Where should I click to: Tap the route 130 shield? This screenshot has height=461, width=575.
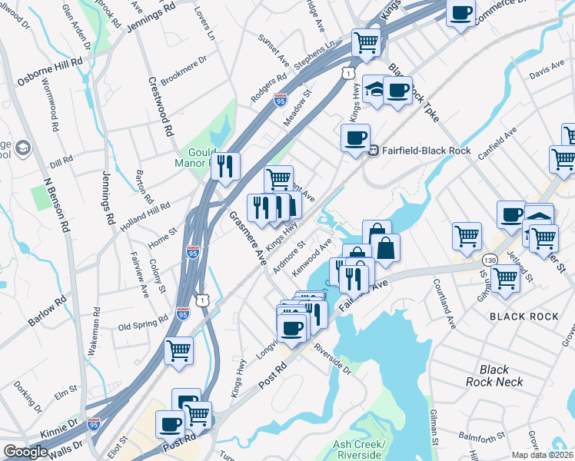[x=489, y=262]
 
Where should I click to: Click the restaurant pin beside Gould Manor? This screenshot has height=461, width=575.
[x=225, y=166]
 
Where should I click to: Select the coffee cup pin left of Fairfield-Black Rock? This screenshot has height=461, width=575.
[x=355, y=138]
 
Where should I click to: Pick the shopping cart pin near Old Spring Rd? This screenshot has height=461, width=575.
[x=178, y=350]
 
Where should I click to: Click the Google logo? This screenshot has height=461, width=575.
[x=25, y=452]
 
